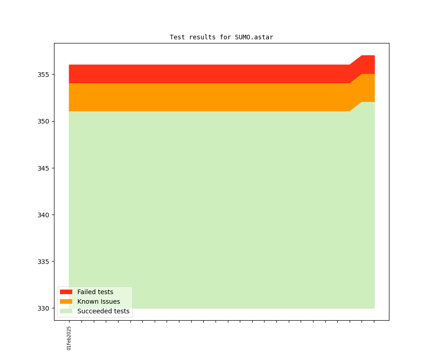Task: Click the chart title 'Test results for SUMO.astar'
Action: tap(221, 37)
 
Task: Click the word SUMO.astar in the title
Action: tap(254, 37)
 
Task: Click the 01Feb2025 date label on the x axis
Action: tap(69, 338)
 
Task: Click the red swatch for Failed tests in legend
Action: tap(66, 292)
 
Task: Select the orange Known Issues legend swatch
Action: tap(66, 301)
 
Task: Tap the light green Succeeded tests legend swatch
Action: tap(66, 311)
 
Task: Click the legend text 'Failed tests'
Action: tap(95, 292)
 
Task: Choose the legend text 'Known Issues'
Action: tap(98, 301)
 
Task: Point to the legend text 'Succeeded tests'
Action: tap(103, 311)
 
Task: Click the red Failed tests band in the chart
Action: tap(206, 74)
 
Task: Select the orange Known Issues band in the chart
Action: tap(206, 97)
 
